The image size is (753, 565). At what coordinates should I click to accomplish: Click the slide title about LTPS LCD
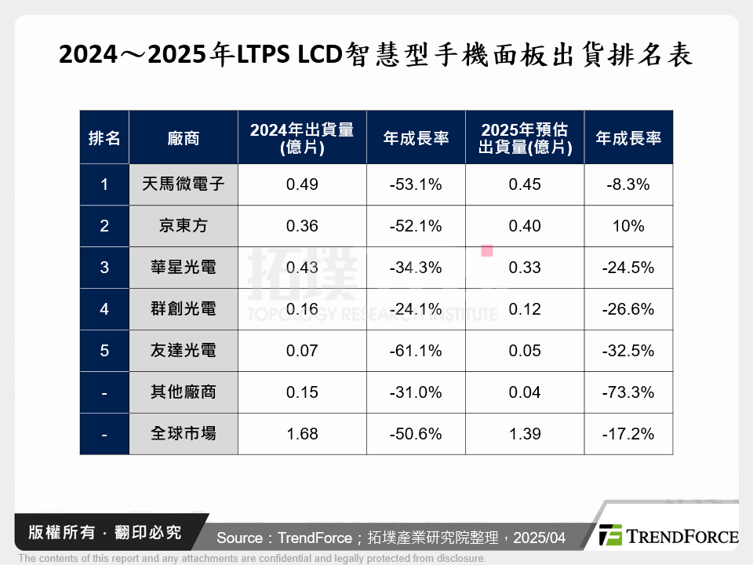click(x=376, y=54)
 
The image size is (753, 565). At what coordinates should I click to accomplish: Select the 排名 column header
click(x=104, y=138)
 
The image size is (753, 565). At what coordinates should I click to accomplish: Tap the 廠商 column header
click(x=184, y=138)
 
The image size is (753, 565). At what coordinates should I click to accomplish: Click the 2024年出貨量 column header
click(x=302, y=138)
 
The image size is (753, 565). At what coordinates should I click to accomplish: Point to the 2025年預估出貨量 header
click(x=524, y=138)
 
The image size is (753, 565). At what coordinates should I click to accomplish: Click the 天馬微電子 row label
click(x=184, y=184)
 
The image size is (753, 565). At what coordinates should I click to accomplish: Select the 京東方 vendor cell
click(x=184, y=226)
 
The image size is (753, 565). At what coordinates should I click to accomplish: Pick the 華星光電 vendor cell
click(x=184, y=268)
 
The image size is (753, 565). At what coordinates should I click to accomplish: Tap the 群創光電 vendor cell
click(x=184, y=309)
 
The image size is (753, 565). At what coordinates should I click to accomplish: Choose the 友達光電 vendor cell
click(x=184, y=351)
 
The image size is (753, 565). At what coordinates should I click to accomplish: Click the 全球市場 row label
click(x=184, y=434)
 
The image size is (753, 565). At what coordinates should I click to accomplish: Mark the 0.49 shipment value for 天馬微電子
click(x=302, y=184)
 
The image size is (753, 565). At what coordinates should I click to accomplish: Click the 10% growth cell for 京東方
click(x=628, y=226)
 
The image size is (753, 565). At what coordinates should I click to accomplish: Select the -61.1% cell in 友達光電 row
click(x=416, y=351)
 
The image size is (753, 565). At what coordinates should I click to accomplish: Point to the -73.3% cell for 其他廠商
click(x=628, y=392)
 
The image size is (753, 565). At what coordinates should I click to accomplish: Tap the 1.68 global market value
click(x=302, y=434)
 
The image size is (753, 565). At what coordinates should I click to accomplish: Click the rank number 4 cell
click(x=104, y=309)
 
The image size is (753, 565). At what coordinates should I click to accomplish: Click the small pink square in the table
click(x=486, y=251)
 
